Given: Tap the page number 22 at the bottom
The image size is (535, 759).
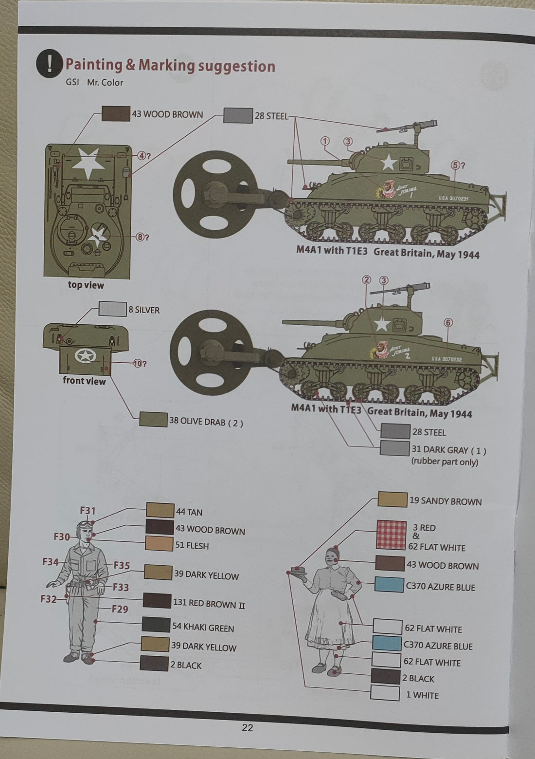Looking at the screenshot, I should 247,728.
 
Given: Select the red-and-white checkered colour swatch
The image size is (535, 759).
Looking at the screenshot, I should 392,535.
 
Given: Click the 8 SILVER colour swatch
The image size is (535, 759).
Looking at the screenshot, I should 112,309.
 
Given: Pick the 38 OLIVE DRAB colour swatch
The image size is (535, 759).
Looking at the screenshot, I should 153,419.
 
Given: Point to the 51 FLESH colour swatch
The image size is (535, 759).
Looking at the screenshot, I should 160,544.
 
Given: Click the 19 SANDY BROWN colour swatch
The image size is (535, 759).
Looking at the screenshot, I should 392,500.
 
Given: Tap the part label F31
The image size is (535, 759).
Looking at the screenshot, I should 88,510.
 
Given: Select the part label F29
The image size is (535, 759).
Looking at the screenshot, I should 120,609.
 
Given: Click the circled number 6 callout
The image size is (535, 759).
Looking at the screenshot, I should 448,322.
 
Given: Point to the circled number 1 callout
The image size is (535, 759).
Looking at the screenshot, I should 325,141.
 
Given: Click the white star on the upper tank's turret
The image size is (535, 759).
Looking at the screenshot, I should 388,162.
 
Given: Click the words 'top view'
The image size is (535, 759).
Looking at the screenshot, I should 86,285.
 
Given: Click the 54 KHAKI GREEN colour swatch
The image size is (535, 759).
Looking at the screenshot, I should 156,625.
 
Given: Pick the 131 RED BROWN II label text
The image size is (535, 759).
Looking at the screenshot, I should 209,604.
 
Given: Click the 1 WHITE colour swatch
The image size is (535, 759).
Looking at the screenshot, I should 385,693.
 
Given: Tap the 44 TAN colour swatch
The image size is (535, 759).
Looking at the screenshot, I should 160,510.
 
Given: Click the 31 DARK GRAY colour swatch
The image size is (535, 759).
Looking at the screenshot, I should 394,448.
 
